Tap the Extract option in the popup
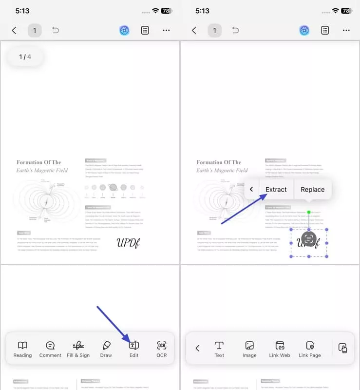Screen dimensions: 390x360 pos(276,190)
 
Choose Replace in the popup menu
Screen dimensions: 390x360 pos(312,190)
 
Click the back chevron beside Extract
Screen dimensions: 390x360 pos(251,190)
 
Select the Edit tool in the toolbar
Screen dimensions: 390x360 pos(134,349)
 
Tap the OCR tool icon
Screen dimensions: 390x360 pos(162,349)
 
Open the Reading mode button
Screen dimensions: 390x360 pos(22,349)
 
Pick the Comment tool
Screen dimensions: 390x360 pos(50,349)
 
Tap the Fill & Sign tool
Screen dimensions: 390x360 pos(78,349)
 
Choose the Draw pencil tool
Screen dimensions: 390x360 pos(106,349)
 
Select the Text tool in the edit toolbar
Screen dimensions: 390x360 pos(219,349)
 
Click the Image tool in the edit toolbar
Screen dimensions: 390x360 pos(249,349)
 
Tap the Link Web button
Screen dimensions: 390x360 pos(280,349)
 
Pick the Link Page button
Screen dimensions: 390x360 pos(309,349)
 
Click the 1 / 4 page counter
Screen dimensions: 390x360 pos(25,57)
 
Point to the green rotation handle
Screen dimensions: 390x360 pos(309,213)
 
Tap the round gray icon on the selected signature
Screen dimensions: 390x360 pos(309,238)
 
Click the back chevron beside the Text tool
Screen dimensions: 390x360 pos(197,348)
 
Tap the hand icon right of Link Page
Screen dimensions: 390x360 pos(342,348)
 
